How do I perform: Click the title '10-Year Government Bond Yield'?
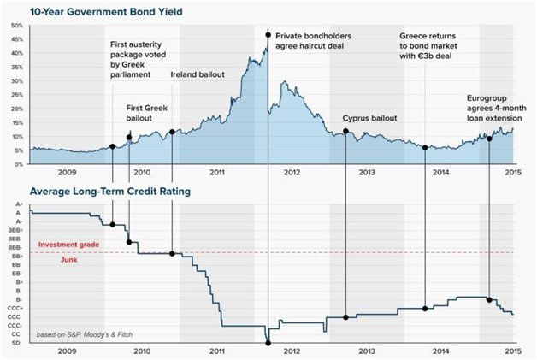[x=106, y=12]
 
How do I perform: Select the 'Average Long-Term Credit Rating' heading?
[x=110, y=192]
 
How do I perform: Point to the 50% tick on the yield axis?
[x=17, y=26]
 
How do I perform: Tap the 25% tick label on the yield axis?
[x=17, y=95]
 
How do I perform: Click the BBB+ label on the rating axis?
[x=15, y=230]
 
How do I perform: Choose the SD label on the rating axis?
[x=16, y=343]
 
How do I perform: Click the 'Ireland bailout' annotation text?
[x=198, y=74]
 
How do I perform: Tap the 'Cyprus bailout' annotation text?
[x=370, y=118]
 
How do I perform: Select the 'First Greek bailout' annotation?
[x=146, y=113]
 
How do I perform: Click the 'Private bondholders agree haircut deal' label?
[x=313, y=41]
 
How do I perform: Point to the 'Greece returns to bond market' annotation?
[x=428, y=46]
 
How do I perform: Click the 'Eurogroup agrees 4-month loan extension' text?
[x=497, y=109]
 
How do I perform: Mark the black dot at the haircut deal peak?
[x=268, y=35]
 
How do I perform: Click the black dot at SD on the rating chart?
[x=268, y=343]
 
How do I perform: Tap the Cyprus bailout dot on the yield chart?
[x=345, y=131]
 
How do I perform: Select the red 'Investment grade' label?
[x=68, y=245]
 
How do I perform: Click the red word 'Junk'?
[x=69, y=260]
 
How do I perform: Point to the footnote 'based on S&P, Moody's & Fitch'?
[x=85, y=334]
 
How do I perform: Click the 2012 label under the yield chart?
[x=292, y=172]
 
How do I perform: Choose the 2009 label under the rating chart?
[x=67, y=351]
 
